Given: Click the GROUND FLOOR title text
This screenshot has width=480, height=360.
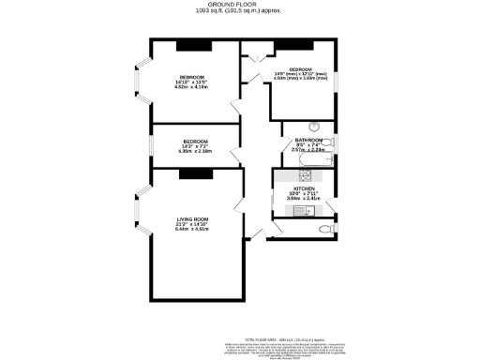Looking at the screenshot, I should [x=239, y=5].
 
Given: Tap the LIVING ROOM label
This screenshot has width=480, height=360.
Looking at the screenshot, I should [x=192, y=219].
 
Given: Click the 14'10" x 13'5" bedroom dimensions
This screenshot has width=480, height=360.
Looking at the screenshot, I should [x=192, y=82].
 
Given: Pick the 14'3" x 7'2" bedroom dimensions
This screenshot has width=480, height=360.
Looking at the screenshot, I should [x=197, y=146].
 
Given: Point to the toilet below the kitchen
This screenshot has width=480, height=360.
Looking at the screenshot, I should [x=325, y=228].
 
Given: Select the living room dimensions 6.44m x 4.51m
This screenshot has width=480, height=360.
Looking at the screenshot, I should [x=192, y=229].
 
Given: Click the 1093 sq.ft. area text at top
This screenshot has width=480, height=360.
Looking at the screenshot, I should [x=239, y=12].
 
